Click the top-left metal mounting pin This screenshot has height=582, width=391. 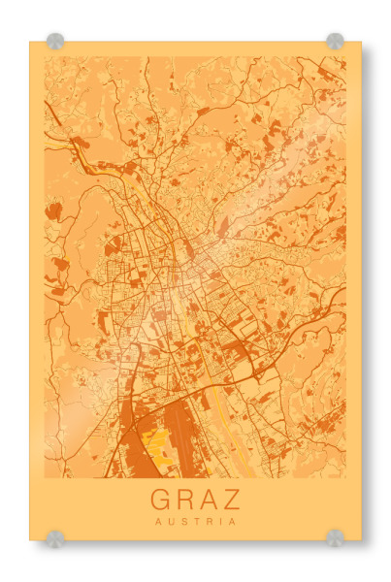pos(55,41)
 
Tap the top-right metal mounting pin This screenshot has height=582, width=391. pos(335,41)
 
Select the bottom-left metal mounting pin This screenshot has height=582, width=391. pos(55,537)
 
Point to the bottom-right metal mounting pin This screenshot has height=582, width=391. pos(335,537)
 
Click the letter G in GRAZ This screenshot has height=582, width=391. pos(160,500)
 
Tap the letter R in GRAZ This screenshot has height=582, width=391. pos(184,500)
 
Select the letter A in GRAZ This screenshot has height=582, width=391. pos(209,500)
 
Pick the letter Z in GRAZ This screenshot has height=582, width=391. pos(232,500)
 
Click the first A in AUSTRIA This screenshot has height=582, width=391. pos(157,521)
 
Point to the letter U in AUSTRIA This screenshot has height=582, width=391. pos(170,521)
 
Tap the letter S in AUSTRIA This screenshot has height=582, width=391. pos(182,521)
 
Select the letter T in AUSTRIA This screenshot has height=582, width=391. pos(195,521)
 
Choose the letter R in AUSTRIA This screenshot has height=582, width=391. pos(208,521)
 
